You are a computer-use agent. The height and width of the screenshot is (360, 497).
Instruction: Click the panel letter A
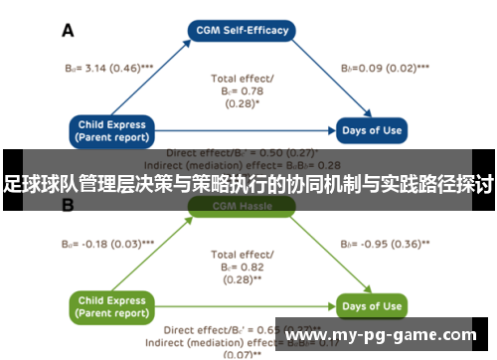pyautogui.click(x=69, y=30)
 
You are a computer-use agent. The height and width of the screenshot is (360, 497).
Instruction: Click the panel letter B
pyautogui.click(x=69, y=207)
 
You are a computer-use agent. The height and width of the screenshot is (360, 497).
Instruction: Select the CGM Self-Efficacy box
pyautogui.click(x=242, y=30)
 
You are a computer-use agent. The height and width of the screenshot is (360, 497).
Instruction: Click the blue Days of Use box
pyautogui.click(x=372, y=130)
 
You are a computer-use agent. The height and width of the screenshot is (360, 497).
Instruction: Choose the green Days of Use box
pyautogui.click(x=372, y=306)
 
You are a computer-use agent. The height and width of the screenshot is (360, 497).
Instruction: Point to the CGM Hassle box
pyautogui.click(x=242, y=207)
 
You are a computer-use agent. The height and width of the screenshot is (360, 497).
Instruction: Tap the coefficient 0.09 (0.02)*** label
pyautogui.click(x=385, y=70)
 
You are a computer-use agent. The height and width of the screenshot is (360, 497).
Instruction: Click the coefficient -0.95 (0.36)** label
pyautogui.click(x=386, y=243)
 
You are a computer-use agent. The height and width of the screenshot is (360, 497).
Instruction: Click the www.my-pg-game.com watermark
pyautogui.click(x=386, y=335)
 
